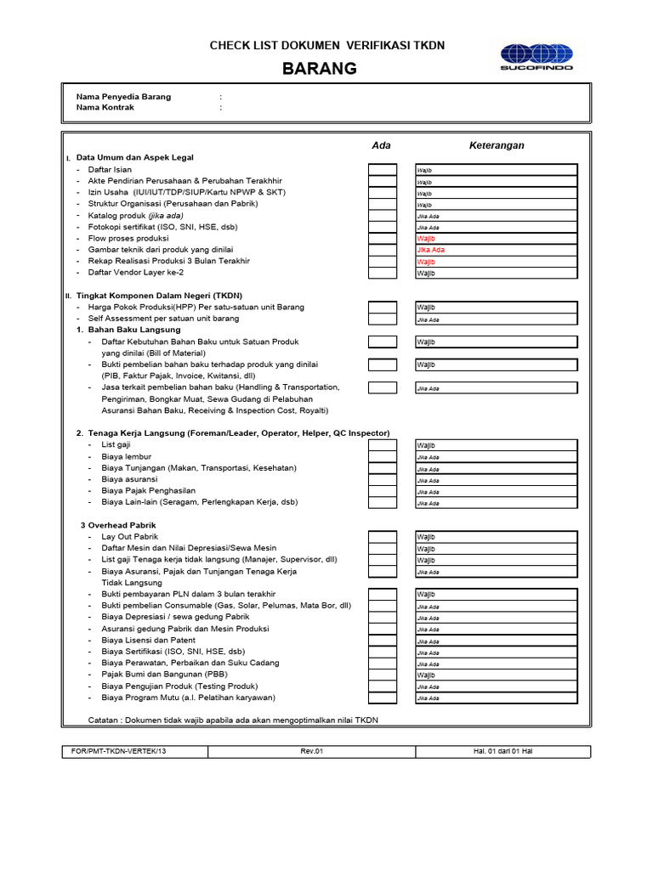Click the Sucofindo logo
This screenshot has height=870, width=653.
(537, 55)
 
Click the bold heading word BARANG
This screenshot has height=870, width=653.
(320, 69)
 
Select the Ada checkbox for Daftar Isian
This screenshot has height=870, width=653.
(383, 170)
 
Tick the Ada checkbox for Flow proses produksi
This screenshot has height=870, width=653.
(383, 239)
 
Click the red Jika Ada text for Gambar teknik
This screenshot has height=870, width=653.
(430, 251)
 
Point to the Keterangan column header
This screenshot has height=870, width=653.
(497, 145)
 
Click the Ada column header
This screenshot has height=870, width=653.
(382, 145)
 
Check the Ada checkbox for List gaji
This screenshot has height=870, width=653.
(383, 445)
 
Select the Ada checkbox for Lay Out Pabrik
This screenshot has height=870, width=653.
(383, 537)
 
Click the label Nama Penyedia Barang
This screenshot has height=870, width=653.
(123, 97)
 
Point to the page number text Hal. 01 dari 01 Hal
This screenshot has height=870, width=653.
(503, 752)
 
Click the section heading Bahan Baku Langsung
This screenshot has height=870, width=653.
(133, 330)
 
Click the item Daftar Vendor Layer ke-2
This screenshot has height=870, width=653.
(135, 273)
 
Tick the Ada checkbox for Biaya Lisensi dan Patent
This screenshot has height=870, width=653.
(383, 641)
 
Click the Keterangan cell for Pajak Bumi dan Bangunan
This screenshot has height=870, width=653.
(496, 675)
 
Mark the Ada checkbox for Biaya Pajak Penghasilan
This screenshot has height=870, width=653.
(383, 491)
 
